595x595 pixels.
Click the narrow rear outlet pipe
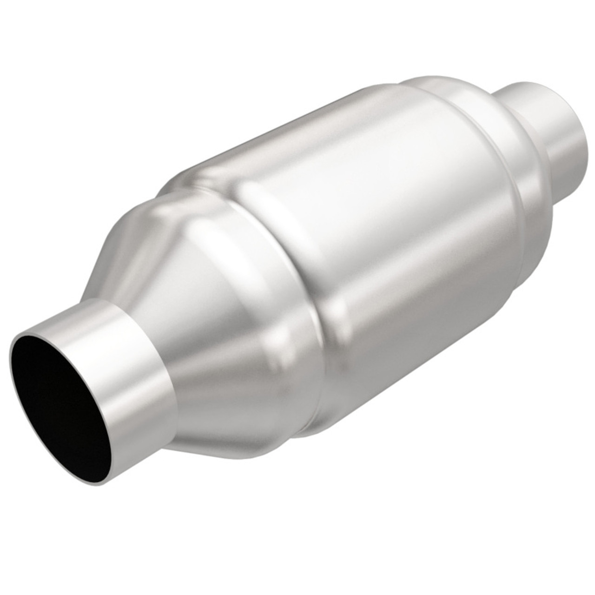coord(558,121)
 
